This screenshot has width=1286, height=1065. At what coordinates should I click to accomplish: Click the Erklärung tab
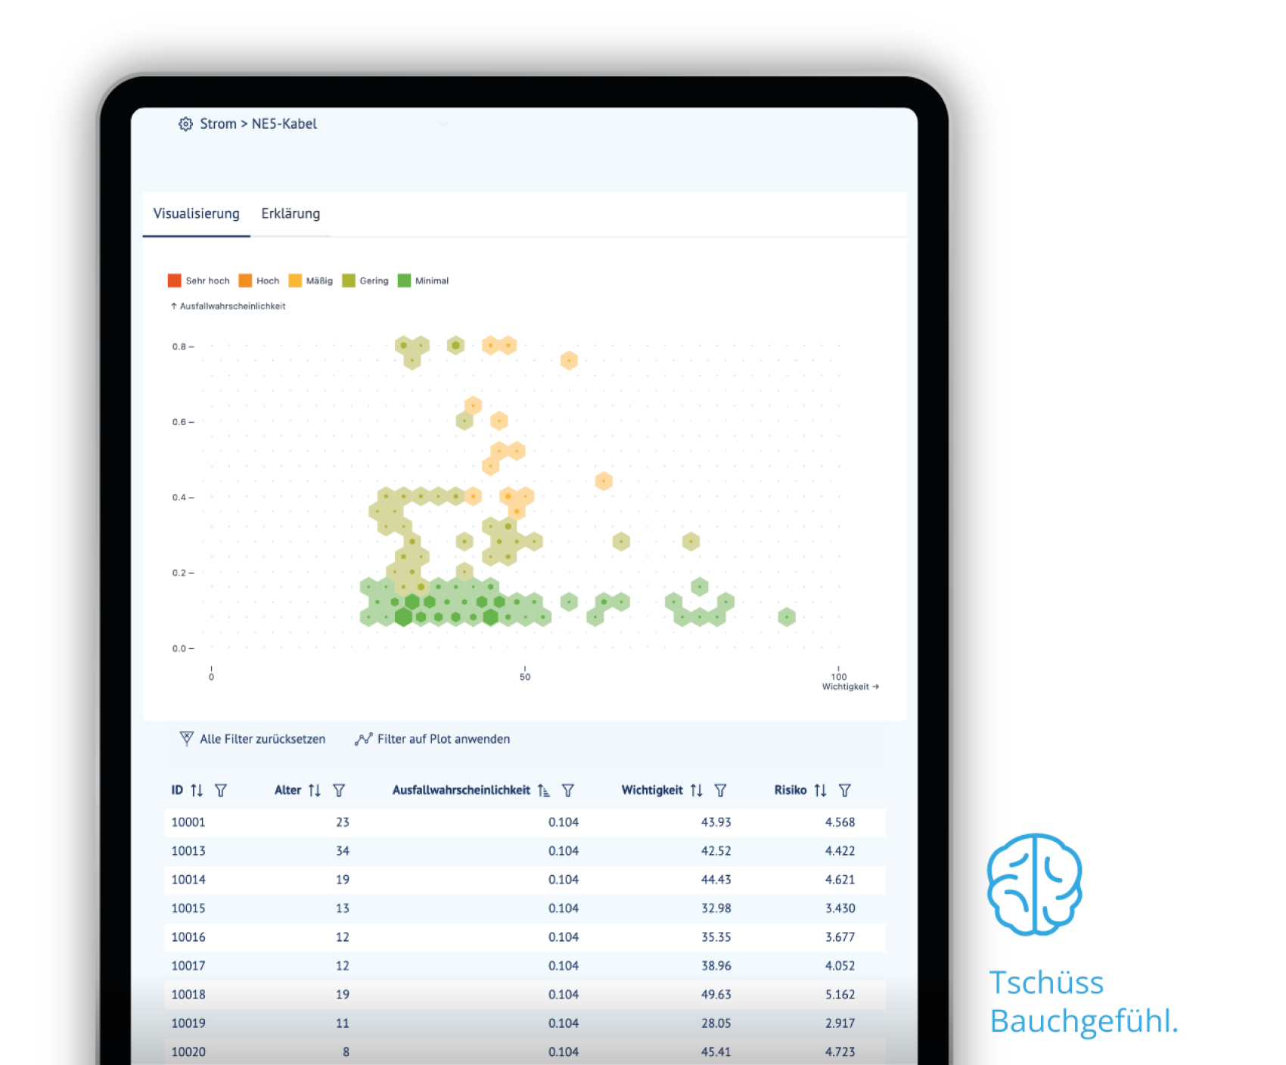point(290,214)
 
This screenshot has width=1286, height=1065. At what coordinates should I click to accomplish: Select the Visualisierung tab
point(196,214)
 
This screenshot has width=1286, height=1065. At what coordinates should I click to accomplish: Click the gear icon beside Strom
point(185,124)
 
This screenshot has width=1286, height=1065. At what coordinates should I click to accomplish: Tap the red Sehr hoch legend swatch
point(175,281)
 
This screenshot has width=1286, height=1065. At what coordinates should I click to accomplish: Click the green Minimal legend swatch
point(405,281)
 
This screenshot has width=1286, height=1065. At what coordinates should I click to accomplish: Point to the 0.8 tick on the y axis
point(182,346)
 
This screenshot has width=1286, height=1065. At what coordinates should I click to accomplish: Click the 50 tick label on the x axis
point(525,677)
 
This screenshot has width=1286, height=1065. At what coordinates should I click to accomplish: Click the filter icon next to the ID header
point(221,790)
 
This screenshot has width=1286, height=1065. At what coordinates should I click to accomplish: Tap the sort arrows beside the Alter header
point(315,790)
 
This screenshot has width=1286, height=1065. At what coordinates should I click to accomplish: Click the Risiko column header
point(791,790)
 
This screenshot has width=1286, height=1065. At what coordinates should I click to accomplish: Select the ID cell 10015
point(188,908)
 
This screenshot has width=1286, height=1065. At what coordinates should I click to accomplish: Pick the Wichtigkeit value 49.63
point(716,995)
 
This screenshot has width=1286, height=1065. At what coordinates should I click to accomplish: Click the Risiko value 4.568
point(840,822)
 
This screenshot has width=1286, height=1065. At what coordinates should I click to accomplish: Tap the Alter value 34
point(343,851)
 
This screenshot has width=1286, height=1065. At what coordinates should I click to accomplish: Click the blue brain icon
point(1035,884)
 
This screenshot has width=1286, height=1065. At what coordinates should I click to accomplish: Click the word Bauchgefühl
point(1084,1021)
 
